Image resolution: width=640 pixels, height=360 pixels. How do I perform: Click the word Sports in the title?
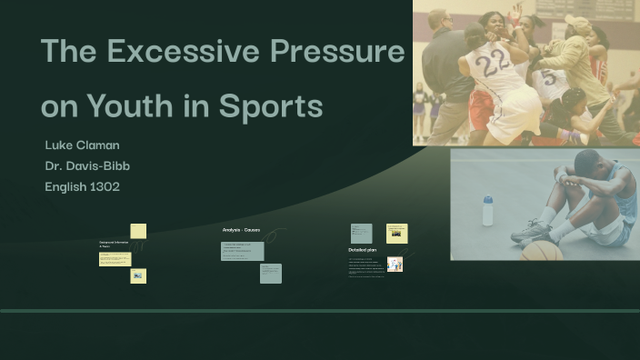point(271,106)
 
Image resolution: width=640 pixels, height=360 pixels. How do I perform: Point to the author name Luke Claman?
point(82,145)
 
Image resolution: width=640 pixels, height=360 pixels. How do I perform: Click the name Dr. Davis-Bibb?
point(88,166)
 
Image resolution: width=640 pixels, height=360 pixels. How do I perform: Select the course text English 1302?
point(83,186)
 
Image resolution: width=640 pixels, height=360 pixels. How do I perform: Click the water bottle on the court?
point(488,210)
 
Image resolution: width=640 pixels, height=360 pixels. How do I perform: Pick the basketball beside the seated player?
point(542,251)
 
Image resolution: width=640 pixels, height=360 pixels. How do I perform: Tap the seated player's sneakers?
point(532,231)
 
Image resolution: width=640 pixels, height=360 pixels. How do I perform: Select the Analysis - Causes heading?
point(241,230)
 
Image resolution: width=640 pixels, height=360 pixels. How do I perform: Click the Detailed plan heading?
point(363,249)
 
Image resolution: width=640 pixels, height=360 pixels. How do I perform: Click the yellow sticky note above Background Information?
point(138,231)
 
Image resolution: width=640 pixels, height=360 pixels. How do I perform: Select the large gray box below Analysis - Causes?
point(243,250)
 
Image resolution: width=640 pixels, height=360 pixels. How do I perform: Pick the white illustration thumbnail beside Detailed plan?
point(395,265)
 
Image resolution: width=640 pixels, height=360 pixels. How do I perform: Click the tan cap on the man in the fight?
point(578,23)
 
